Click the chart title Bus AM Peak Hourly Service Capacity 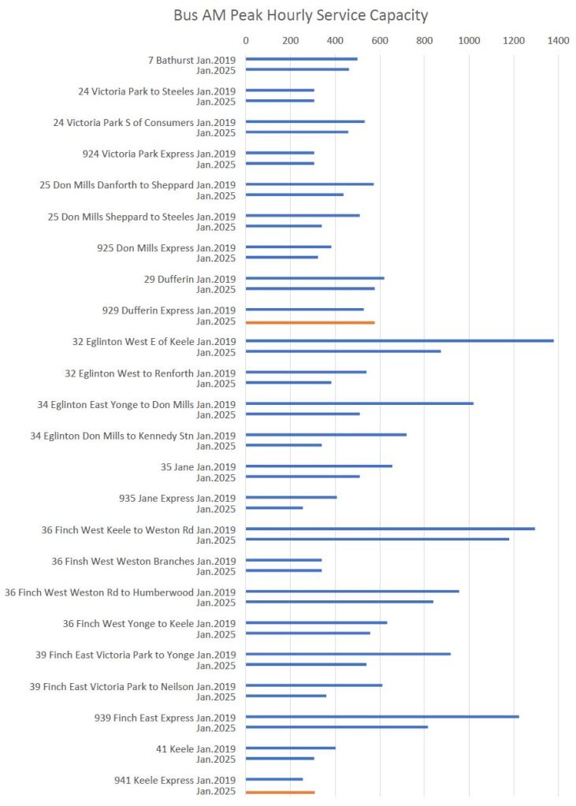tap(301, 15)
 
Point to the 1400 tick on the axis tap(558, 40)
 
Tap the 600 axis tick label tap(381, 40)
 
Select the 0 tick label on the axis tap(246, 40)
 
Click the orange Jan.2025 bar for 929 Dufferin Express tap(310, 322)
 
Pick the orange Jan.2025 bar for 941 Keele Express tap(280, 792)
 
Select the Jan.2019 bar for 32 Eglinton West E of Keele tap(399, 340)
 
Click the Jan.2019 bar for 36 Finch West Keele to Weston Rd tap(390, 529)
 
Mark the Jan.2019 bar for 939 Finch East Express tap(382, 716)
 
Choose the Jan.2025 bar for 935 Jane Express tap(274, 507)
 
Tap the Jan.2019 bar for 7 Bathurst tap(301, 59)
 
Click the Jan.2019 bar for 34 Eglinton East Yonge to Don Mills tap(359, 403)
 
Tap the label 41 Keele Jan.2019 tap(195, 748)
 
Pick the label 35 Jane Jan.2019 tap(198, 466)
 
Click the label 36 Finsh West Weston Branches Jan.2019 tap(143, 561)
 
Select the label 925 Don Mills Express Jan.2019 tap(166, 247)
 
